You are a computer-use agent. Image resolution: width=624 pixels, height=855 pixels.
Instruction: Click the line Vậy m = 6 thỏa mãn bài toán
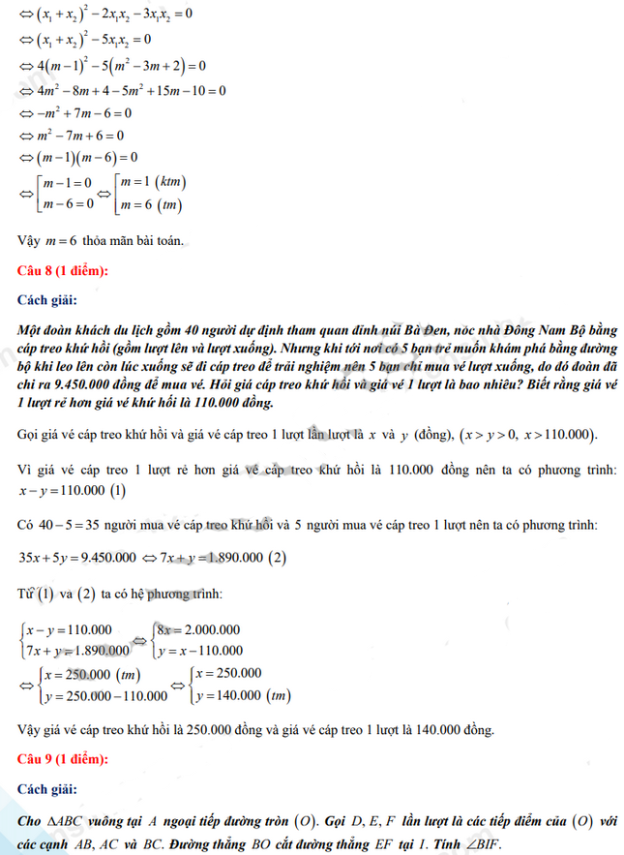pos(101,238)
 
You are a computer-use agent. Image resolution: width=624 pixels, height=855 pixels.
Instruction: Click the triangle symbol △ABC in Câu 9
pos(61,821)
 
